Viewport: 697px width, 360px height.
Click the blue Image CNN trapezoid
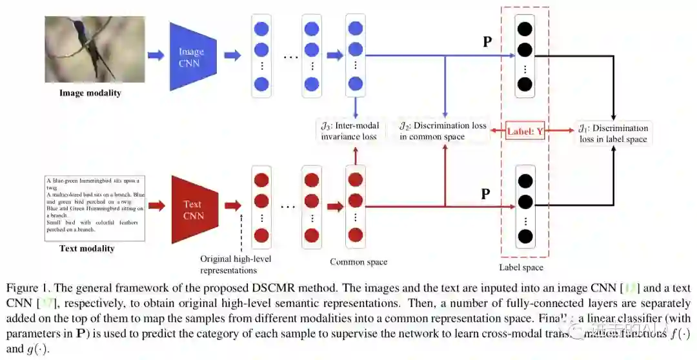pos(191,56)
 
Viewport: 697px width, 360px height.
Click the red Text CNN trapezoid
pos(192,207)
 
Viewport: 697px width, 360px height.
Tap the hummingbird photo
pos(95,50)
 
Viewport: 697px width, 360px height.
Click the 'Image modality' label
pos(90,93)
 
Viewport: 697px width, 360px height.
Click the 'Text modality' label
pos(86,248)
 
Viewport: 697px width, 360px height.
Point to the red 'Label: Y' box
pos(525,131)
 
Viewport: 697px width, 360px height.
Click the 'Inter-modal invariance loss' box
pos(350,131)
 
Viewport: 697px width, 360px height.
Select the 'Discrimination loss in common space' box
pos(442,131)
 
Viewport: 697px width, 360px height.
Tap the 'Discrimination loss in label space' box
pos(613,133)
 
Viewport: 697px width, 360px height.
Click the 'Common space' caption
pos(359,262)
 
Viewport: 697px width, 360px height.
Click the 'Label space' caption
pos(521,267)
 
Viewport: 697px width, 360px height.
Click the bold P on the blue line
pos(487,43)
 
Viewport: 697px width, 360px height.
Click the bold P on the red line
pos(487,194)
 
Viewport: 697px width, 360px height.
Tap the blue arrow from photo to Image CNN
pos(156,55)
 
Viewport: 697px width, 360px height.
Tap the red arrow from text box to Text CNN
pos(157,206)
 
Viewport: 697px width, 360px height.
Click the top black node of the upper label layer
pos(525,29)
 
